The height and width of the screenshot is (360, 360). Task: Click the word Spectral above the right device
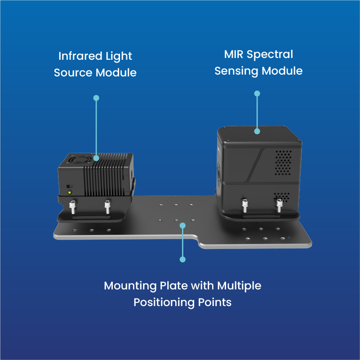click(x=272, y=55)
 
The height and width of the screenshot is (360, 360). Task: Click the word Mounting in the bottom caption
click(x=130, y=286)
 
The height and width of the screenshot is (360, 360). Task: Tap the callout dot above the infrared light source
click(x=96, y=98)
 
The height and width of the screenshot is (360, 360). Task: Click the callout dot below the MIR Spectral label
click(x=257, y=93)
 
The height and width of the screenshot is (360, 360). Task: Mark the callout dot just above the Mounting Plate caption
click(x=182, y=259)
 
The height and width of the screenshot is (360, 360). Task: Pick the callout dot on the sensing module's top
click(x=257, y=131)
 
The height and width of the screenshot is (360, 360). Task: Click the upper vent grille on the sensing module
click(x=283, y=162)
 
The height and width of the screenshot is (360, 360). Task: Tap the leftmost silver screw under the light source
click(x=72, y=207)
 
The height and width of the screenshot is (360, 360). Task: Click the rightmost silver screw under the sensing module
click(x=279, y=206)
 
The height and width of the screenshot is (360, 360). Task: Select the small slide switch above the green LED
click(x=68, y=186)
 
